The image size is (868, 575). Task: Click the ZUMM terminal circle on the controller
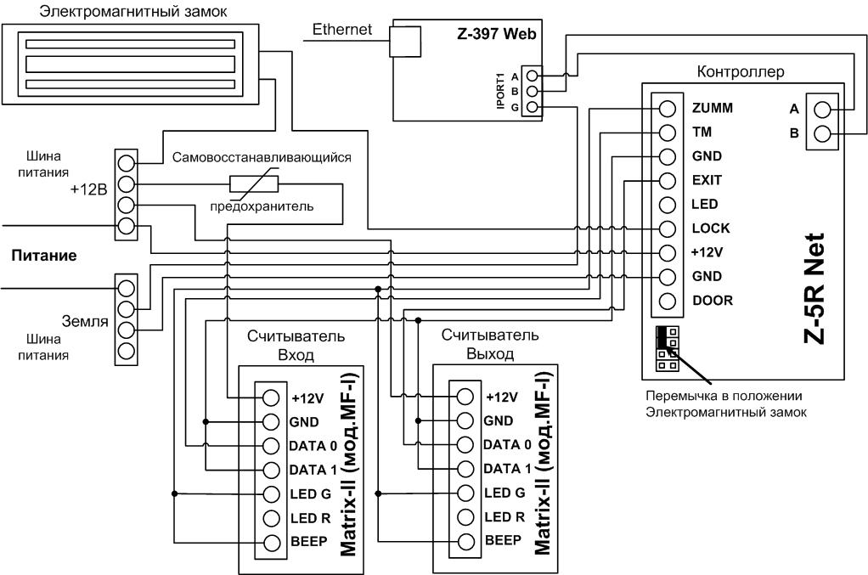click(x=668, y=109)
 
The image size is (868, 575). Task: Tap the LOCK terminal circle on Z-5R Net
click(x=668, y=228)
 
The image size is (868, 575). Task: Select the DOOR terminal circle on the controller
click(x=668, y=301)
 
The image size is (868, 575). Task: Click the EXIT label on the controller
click(x=707, y=180)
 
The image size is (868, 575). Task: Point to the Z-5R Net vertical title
click(x=814, y=288)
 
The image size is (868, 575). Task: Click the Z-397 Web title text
click(x=497, y=34)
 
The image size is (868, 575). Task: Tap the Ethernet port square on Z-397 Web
click(x=405, y=42)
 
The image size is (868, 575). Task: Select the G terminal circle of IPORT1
click(x=533, y=107)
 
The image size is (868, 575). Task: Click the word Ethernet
click(x=342, y=30)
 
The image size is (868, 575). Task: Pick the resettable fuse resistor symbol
click(x=254, y=183)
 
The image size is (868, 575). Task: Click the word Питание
click(x=43, y=256)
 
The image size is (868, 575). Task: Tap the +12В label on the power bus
click(x=88, y=189)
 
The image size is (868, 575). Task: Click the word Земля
click(x=85, y=321)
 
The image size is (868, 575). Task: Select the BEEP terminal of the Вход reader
click(x=271, y=543)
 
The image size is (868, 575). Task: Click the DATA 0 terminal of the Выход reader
click(x=465, y=445)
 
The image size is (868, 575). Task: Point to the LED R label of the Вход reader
click(x=310, y=519)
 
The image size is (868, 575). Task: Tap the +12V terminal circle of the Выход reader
click(x=465, y=397)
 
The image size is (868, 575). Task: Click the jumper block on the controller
click(x=668, y=349)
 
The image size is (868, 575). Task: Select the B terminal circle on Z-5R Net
click(x=823, y=133)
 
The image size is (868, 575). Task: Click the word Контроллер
click(x=741, y=72)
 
